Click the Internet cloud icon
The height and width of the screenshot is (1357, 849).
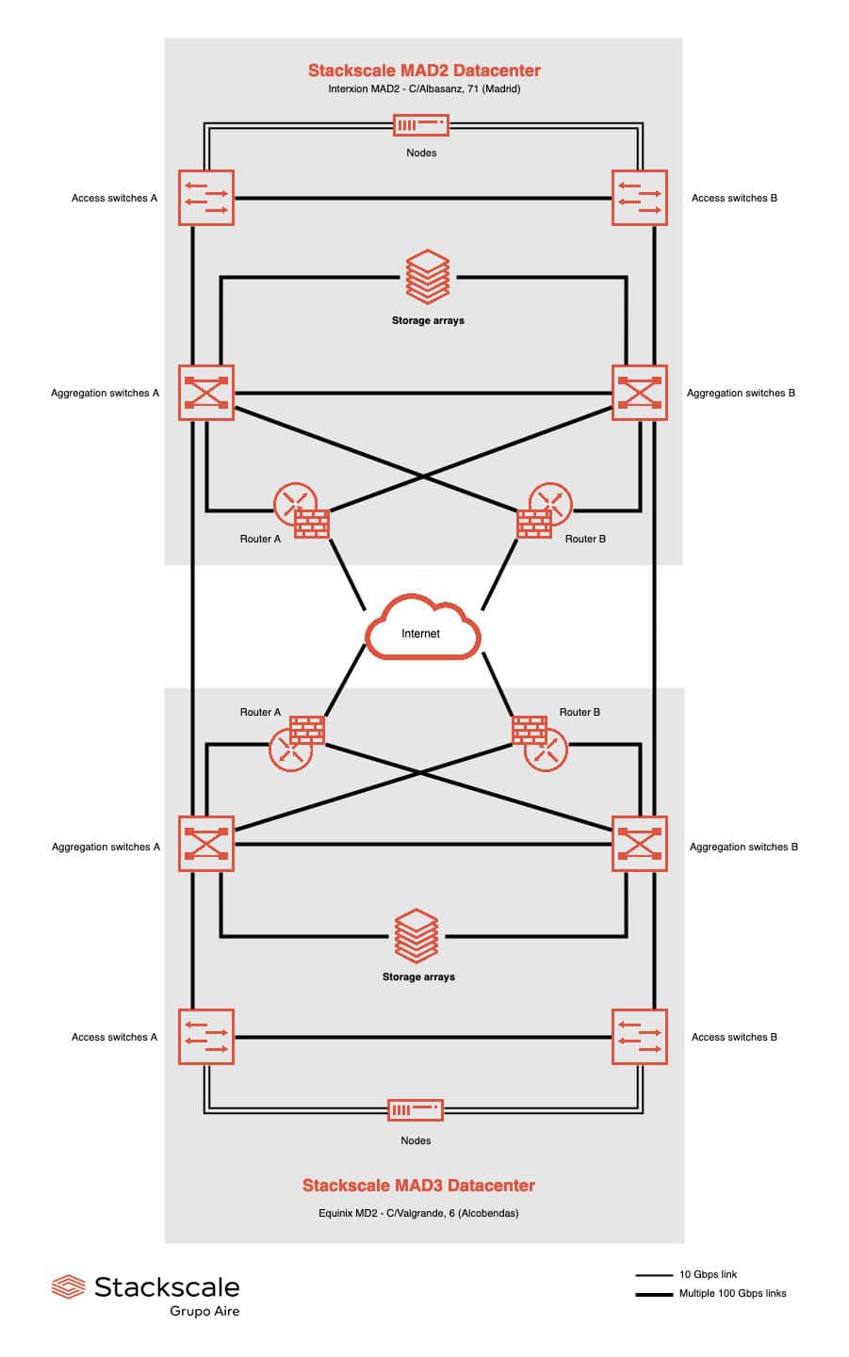pos(421,628)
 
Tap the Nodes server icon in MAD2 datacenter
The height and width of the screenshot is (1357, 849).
pos(420,125)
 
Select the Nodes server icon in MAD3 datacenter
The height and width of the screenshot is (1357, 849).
pos(416,1110)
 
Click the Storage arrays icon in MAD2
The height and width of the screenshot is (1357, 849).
pos(427,277)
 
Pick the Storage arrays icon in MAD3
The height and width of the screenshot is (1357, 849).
pos(416,936)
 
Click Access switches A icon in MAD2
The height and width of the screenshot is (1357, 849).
pos(206,198)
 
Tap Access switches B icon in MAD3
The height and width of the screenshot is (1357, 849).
pos(640,1037)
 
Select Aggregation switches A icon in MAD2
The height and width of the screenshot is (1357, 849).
pos(206,393)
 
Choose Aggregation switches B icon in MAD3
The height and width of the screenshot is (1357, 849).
pos(640,844)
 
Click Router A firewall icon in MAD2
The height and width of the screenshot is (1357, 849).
pos(312,524)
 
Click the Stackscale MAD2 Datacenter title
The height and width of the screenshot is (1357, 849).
pos(424,71)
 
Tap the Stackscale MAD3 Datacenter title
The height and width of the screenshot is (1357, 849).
pos(418,1186)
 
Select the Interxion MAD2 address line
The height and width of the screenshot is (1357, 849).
pos(424,89)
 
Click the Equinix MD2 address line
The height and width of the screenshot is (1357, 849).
pos(418,1213)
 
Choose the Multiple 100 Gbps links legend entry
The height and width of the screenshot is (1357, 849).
pos(732,1293)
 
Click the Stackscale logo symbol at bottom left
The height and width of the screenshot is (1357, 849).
pos(69,1286)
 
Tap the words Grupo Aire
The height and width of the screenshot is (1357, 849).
pos(204,1311)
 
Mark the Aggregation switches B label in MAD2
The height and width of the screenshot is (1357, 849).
pos(741,393)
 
